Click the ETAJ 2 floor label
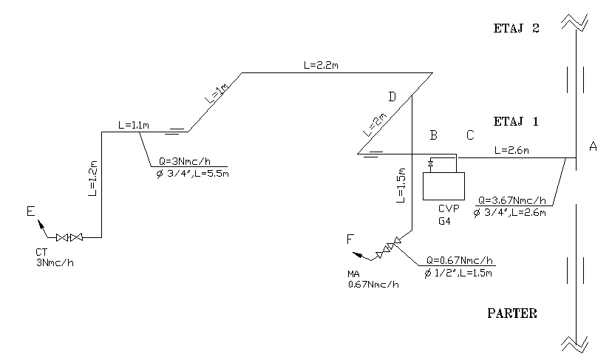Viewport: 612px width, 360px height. click(517, 30)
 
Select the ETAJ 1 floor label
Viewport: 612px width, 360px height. click(517, 120)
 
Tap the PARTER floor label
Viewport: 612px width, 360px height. click(512, 313)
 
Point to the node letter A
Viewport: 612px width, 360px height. click(593, 147)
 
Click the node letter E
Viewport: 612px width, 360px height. click(30, 213)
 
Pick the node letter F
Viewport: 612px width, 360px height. click(351, 240)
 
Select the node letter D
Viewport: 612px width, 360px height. click(392, 97)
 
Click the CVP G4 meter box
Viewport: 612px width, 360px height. click(443, 186)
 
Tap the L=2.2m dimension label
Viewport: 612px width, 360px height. click(322, 66)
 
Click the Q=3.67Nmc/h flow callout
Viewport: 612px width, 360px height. click(512, 200)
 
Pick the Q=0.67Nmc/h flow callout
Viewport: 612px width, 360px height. click(460, 261)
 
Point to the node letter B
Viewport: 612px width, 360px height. click(435, 135)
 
